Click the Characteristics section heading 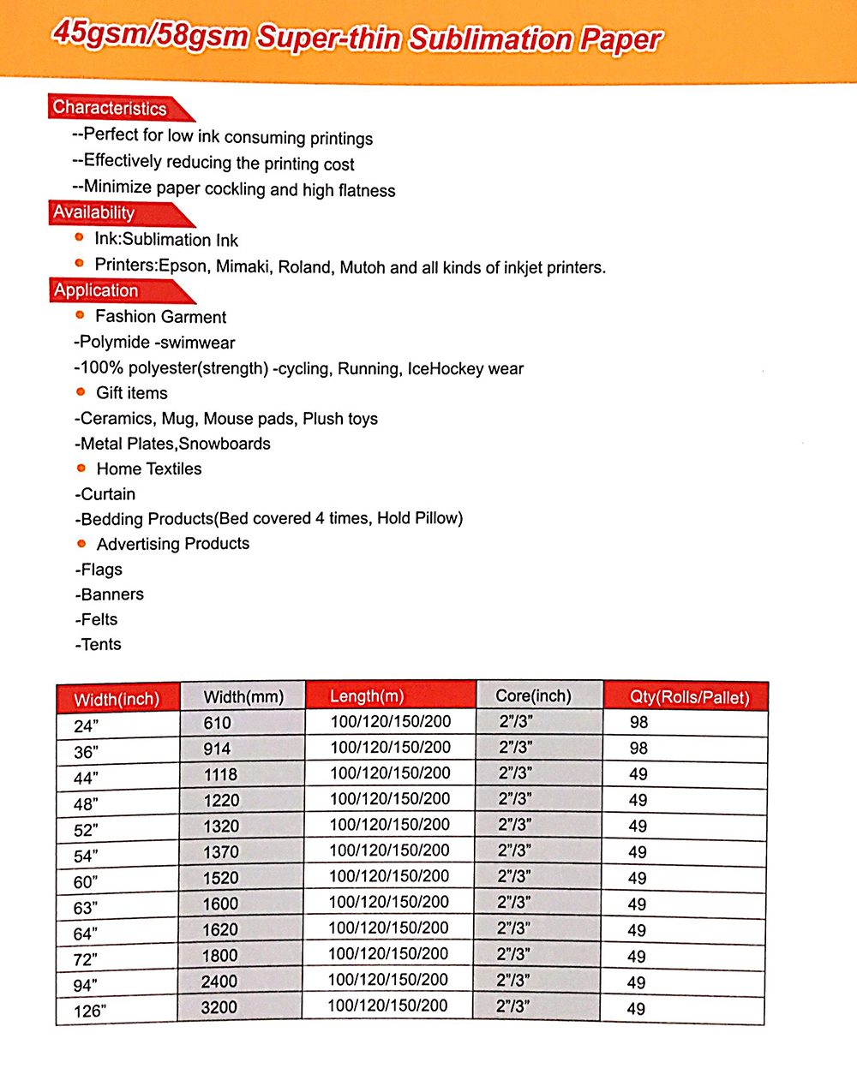point(110,108)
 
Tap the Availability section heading point(94,212)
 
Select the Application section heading point(96,290)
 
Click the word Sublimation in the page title point(490,39)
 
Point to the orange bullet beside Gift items point(81,392)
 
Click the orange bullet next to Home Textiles point(81,468)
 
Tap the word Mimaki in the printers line point(243,266)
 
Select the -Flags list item point(99,570)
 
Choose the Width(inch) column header point(117,700)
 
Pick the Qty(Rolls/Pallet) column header point(689,697)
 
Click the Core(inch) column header point(533,696)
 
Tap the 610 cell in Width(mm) point(218,723)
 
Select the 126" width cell point(90,1011)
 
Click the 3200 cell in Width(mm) point(219,1007)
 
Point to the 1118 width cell point(220,774)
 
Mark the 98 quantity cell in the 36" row point(638,748)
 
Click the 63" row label point(86,907)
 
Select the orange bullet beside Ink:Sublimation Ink point(80,237)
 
